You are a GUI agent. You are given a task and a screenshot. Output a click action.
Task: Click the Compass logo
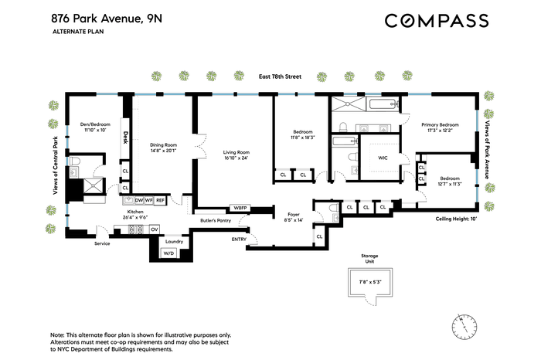tap(437, 21)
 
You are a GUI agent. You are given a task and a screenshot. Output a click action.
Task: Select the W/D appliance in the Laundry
tap(168, 253)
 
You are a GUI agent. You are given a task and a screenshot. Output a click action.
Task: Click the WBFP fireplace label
tap(240, 209)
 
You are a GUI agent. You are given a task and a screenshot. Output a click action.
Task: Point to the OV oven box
tap(155, 229)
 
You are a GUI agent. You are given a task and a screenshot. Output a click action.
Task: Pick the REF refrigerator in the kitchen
tap(161, 200)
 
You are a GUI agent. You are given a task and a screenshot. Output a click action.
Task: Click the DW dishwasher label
tap(139, 200)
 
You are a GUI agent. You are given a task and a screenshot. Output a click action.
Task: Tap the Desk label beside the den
tap(125, 138)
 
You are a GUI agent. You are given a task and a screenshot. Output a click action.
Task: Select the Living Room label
tap(236, 152)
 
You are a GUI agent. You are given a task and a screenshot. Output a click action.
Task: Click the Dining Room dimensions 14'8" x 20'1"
tap(164, 151)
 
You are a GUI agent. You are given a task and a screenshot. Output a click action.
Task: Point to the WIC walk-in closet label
tap(383, 158)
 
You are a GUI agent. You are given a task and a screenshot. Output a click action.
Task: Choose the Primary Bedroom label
tap(441, 125)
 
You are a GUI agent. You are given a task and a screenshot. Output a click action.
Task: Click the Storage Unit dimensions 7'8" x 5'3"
tap(370, 282)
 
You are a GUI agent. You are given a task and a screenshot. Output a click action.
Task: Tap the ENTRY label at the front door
tap(239, 239)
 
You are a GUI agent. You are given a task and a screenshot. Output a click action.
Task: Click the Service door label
tap(102, 243)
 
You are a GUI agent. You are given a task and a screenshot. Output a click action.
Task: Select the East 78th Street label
tap(280, 76)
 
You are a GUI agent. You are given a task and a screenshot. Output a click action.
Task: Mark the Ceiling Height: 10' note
tap(456, 219)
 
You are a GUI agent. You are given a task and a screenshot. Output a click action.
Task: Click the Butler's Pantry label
tap(216, 220)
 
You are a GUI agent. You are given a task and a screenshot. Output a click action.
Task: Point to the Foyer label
tap(294, 215)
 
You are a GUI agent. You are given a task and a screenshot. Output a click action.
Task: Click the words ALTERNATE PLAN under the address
tap(78, 32)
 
